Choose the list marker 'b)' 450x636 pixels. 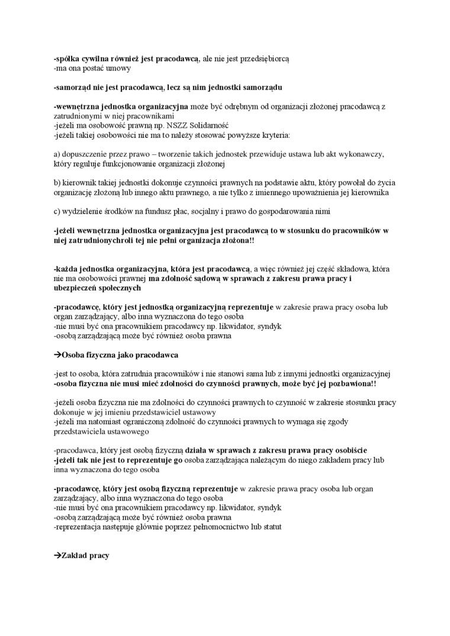tap(57, 183)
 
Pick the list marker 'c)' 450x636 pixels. tap(57, 211)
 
